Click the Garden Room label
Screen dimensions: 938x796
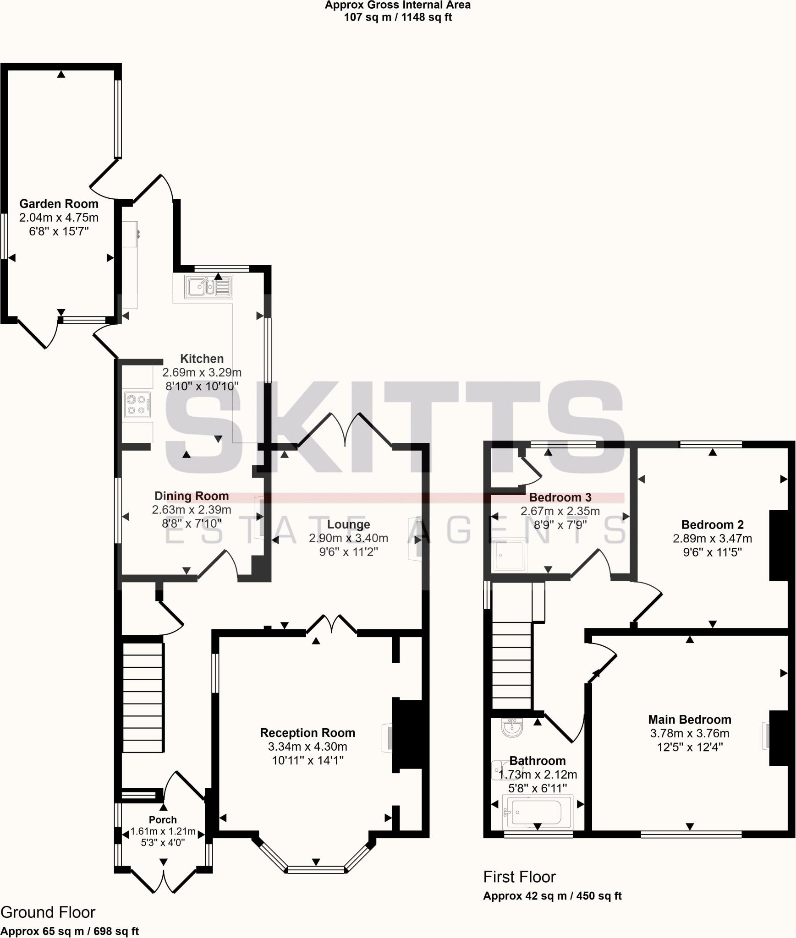point(59,204)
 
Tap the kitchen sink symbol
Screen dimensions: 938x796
point(209,287)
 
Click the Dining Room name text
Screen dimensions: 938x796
point(191,496)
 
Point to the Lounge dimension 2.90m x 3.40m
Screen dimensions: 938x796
point(348,538)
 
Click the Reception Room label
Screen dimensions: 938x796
point(307,733)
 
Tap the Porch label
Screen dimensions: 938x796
point(163,820)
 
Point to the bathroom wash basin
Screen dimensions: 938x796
point(511,728)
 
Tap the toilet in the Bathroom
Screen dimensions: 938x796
point(500,771)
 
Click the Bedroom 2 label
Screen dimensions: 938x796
point(712,525)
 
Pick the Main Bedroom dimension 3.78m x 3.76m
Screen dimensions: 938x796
point(689,733)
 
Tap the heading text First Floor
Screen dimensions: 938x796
point(519,877)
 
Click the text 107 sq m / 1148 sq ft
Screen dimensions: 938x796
point(398,17)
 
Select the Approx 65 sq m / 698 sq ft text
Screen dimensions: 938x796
point(70,931)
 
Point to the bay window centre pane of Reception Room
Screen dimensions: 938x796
point(316,869)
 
